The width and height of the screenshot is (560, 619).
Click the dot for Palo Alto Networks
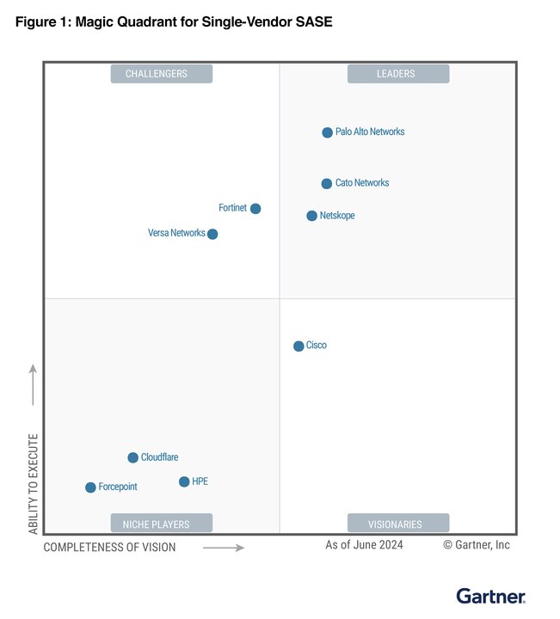pyautogui.click(x=327, y=132)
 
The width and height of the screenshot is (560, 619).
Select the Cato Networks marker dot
pyautogui.click(x=327, y=183)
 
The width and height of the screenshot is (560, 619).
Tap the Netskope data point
pyautogui.click(x=312, y=216)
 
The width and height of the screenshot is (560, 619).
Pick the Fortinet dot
pyautogui.click(x=255, y=208)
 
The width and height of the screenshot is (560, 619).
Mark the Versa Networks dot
pyautogui.click(x=212, y=234)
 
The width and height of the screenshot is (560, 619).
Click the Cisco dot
pyautogui.click(x=298, y=346)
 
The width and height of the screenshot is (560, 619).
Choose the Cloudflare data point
pyautogui.click(x=132, y=457)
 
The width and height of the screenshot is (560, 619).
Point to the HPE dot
pyautogui.click(x=184, y=481)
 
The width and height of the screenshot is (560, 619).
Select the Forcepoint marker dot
pyautogui.click(x=90, y=487)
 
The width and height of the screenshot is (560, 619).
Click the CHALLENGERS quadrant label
pyautogui.click(x=161, y=74)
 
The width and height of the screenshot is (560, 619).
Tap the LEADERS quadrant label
pyautogui.click(x=397, y=74)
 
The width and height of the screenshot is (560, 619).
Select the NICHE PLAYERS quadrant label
pyautogui.click(x=161, y=523)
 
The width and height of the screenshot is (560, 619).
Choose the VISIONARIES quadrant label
pyautogui.click(x=397, y=523)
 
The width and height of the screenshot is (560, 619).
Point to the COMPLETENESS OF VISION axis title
pyautogui.click(x=109, y=547)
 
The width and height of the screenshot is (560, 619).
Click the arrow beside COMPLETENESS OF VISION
pyautogui.click(x=224, y=547)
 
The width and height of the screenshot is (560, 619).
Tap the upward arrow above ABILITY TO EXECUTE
pyautogui.click(x=34, y=384)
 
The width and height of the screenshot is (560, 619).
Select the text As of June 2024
pyautogui.click(x=364, y=545)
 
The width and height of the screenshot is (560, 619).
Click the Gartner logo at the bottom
pyautogui.click(x=490, y=595)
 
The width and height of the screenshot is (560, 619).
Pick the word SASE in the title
pyautogui.click(x=312, y=22)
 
